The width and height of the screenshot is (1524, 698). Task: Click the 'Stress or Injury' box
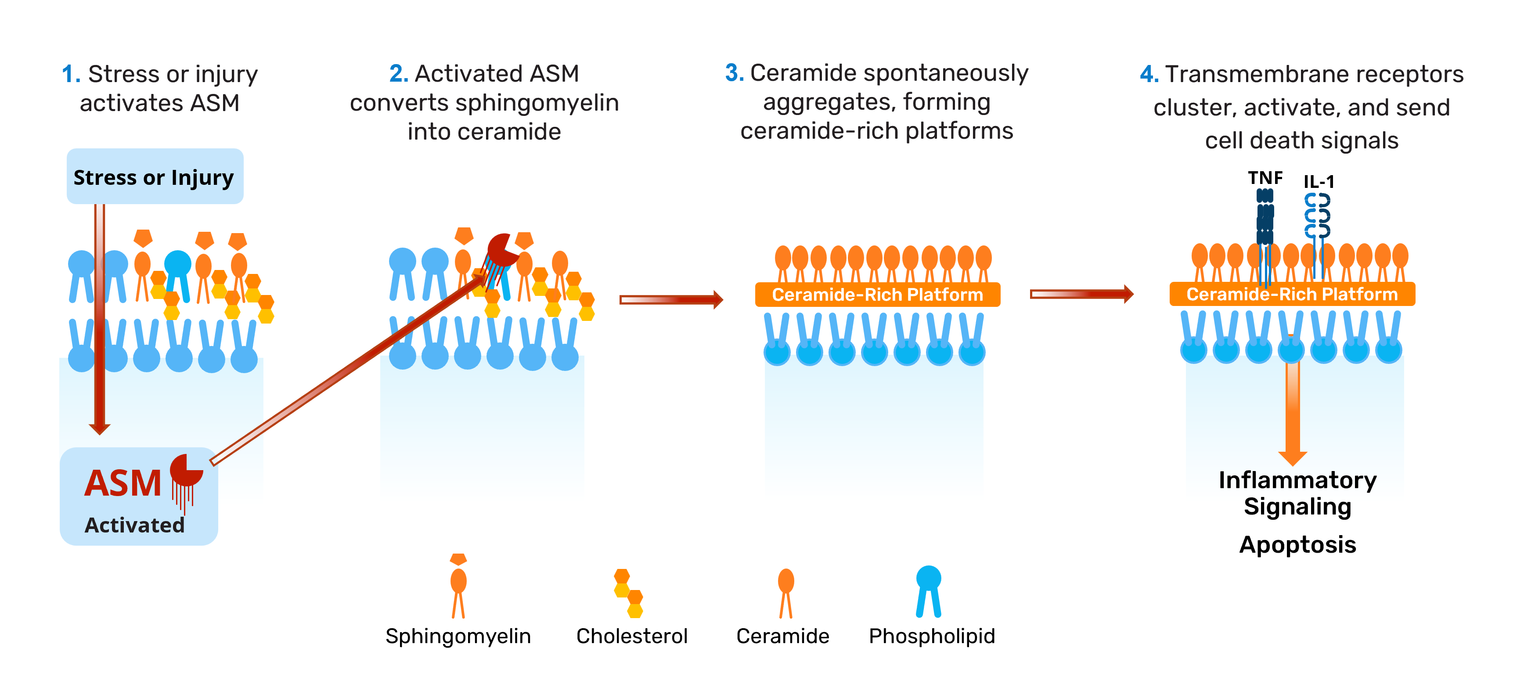(x=155, y=177)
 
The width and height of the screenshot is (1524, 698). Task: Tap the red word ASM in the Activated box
(x=123, y=483)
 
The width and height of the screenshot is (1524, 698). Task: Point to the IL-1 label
(x=1319, y=182)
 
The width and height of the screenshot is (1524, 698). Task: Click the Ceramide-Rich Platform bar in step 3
(x=877, y=295)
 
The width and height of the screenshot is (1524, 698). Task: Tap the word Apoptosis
(x=1297, y=544)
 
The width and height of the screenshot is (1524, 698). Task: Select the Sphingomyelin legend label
(x=458, y=636)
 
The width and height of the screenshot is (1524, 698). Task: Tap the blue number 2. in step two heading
(x=399, y=74)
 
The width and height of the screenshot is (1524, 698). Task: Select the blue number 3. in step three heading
(x=734, y=73)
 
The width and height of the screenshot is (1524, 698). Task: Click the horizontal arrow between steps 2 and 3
(x=671, y=299)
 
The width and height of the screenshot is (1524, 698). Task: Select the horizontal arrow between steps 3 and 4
(x=1081, y=294)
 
